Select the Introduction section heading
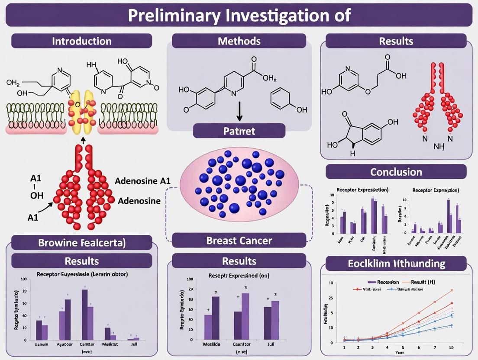click(x=82, y=41)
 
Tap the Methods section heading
click(x=239, y=41)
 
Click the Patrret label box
click(x=239, y=131)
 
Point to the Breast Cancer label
click(x=239, y=240)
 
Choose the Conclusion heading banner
click(x=396, y=172)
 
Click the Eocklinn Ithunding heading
click(x=396, y=263)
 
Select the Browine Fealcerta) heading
click(x=82, y=243)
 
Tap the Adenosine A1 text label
click(x=143, y=181)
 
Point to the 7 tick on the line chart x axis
click(x=435, y=347)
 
